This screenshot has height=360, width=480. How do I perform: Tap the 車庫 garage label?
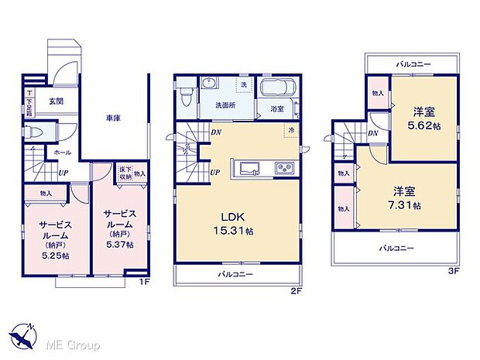(x=114, y=118)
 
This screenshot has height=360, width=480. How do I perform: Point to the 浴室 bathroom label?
(x=276, y=110)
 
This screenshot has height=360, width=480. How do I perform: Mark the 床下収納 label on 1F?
(x=124, y=174)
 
